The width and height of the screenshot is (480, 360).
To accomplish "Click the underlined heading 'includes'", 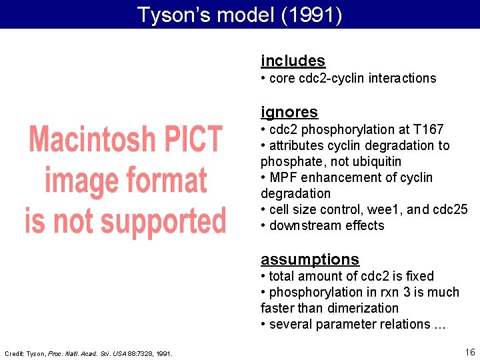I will click(293, 61).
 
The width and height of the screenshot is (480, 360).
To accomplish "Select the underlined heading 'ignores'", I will click(289, 112).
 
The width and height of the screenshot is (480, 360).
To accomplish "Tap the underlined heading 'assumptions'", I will click(309, 259).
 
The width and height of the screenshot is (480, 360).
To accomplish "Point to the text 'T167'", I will click(429, 129).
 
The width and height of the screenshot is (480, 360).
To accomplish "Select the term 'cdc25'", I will click(450, 209).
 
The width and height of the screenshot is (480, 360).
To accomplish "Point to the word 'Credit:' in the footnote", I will click(15, 353).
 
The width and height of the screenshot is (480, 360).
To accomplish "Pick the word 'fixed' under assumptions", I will click(418, 276).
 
